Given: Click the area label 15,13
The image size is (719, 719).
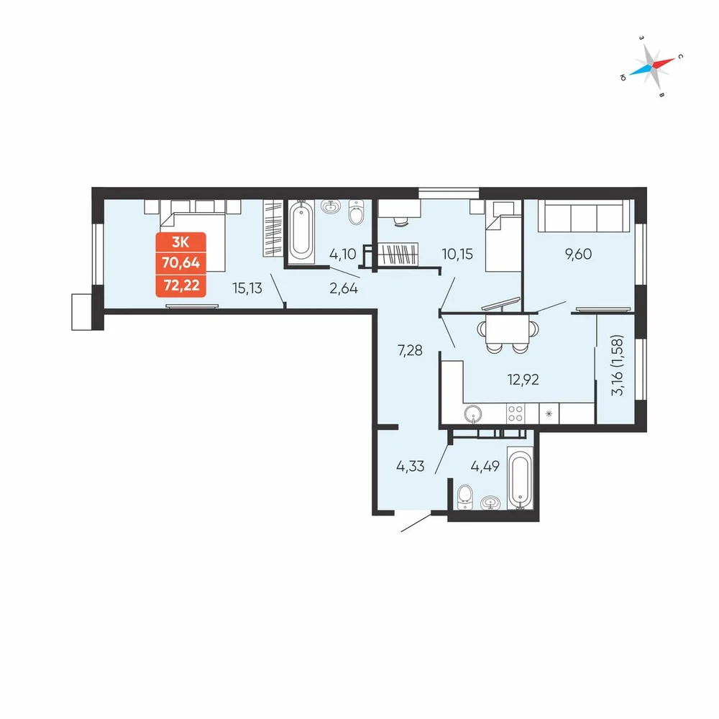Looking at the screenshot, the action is [x=247, y=288].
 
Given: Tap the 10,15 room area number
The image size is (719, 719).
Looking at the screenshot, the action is [x=457, y=254].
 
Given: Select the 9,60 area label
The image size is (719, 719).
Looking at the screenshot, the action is [x=579, y=254].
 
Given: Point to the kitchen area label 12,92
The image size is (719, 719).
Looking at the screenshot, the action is [x=523, y=379].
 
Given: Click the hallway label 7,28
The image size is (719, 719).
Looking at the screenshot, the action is [x=410, y=350].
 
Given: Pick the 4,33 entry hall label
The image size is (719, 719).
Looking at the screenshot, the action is [x=411, y=467].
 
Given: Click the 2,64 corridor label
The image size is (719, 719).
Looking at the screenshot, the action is [x=344, y=288].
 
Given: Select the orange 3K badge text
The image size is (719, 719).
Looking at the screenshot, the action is [x=180, y=242].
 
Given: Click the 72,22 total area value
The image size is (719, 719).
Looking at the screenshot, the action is [x=181, y=285].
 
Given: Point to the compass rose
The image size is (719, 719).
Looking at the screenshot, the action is [x=651, y=67].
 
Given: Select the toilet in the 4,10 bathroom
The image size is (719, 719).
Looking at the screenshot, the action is [x=356, y=212].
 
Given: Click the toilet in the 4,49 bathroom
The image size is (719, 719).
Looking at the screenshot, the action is [x=465, y=497].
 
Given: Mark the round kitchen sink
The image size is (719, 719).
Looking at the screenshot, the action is [x=473, y=414].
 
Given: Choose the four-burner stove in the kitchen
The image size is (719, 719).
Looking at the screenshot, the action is [x=516, y=413].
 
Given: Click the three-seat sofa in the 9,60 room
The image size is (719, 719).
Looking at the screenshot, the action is [x=584, y=216].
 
